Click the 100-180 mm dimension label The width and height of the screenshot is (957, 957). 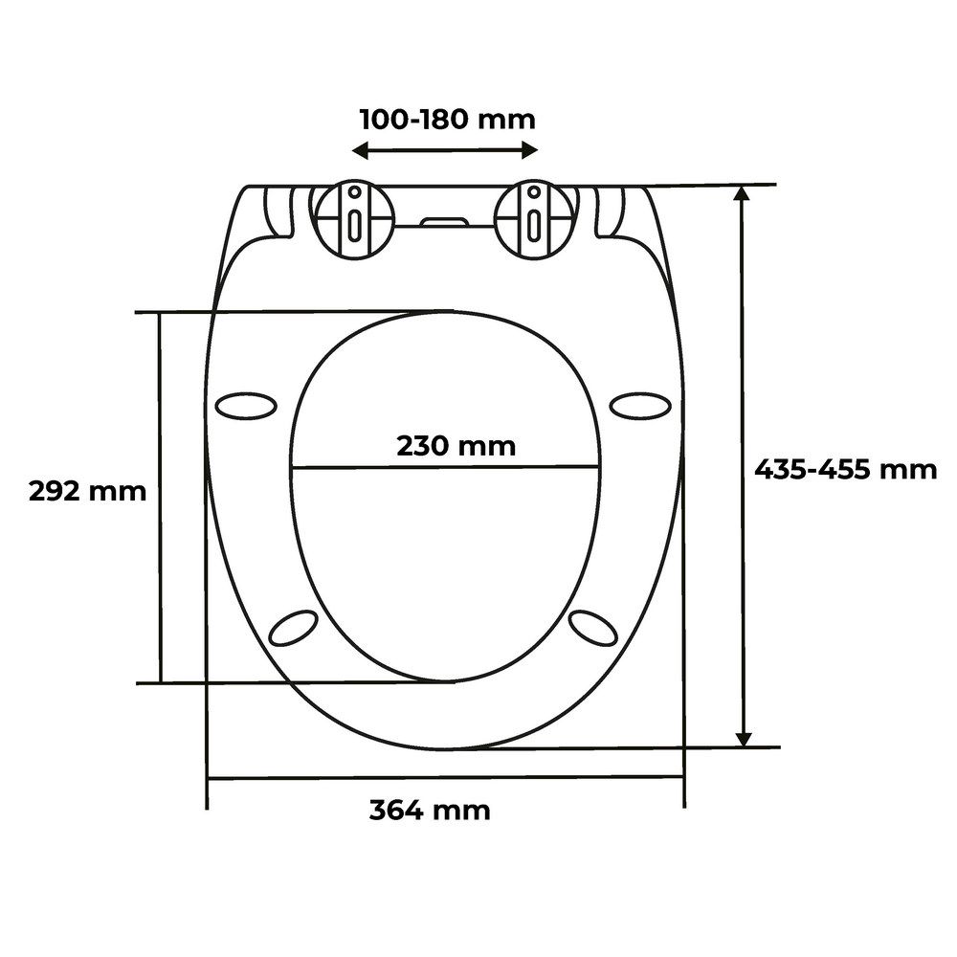click(x=447, y=120)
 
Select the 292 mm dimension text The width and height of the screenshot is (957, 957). click(x=87, y=492)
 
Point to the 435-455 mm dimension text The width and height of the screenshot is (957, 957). click(x=845, y=470)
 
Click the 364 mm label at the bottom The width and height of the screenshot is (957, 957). click(x=430, y=811)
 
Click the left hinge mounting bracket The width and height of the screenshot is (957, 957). click(x=355, y=220)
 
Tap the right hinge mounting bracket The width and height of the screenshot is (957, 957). click(x=535, y=220)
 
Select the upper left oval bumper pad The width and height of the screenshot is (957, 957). click(x=246, y=406)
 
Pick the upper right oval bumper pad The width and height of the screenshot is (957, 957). click(x=640, y=406)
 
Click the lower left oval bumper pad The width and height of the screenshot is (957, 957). click(x=294, y=628)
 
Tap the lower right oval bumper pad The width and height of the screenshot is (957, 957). click(x=593, y=628)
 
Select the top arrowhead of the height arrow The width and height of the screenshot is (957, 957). click(x=743, y=194)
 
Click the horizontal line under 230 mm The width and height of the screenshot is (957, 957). click(x=445, y=467)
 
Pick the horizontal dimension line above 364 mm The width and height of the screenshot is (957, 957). click(x=445, y=777)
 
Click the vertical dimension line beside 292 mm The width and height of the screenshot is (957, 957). click(x=160, y=574)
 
